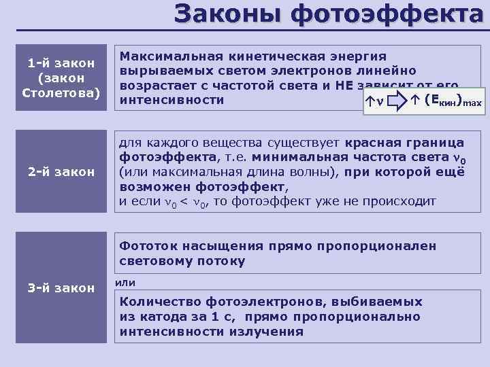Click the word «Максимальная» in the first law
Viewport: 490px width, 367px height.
coord(161,56)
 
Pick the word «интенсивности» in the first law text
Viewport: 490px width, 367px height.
coord(171,101)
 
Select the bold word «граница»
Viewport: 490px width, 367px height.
coord(431,143)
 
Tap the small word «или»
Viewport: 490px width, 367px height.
coord(127,282)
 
